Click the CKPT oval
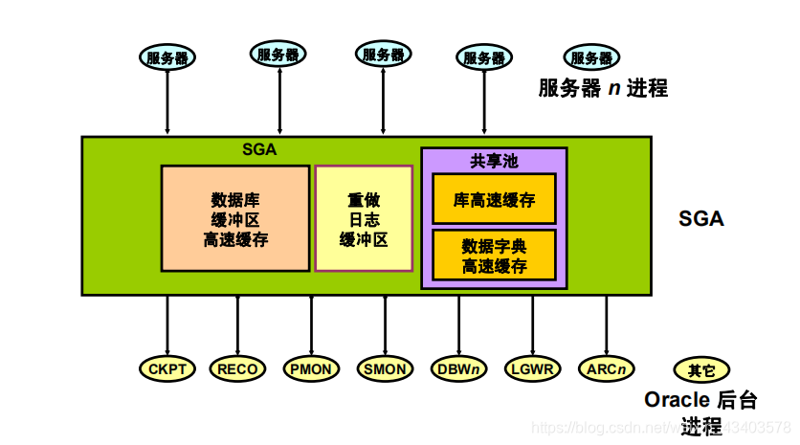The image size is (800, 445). point(167,368)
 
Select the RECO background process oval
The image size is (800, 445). point(237,368)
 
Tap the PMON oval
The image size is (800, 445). point(312,368)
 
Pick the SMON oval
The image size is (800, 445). point(386,368)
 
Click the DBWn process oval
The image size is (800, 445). point(459,368)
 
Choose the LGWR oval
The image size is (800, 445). point(533,368)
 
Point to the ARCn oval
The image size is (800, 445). point(607,368)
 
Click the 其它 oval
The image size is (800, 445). point(700,369)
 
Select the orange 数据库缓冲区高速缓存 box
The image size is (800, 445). point(235,219)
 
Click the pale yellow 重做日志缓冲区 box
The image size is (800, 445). point(364,219)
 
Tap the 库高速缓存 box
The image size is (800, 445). point(494,200)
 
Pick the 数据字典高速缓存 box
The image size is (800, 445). point(494,255)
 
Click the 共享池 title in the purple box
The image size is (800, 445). point(494,161)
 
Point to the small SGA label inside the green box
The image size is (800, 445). point(259,148)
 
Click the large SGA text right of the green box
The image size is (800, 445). point(701,218)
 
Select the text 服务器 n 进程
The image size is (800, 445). point(603,89)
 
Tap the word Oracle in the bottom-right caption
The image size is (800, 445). point(677,399)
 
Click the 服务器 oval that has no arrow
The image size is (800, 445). point(592,57)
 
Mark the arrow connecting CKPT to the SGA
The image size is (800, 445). point(167,325)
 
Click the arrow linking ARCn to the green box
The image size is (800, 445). point(607,325)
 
